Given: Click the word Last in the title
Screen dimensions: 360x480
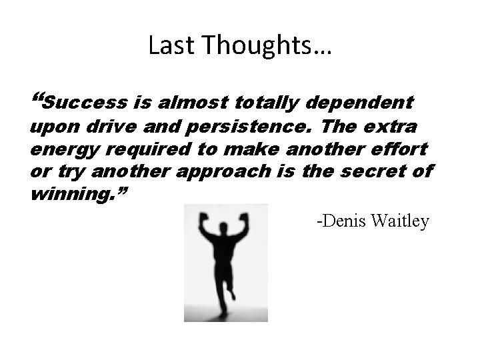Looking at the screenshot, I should point(163,46).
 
